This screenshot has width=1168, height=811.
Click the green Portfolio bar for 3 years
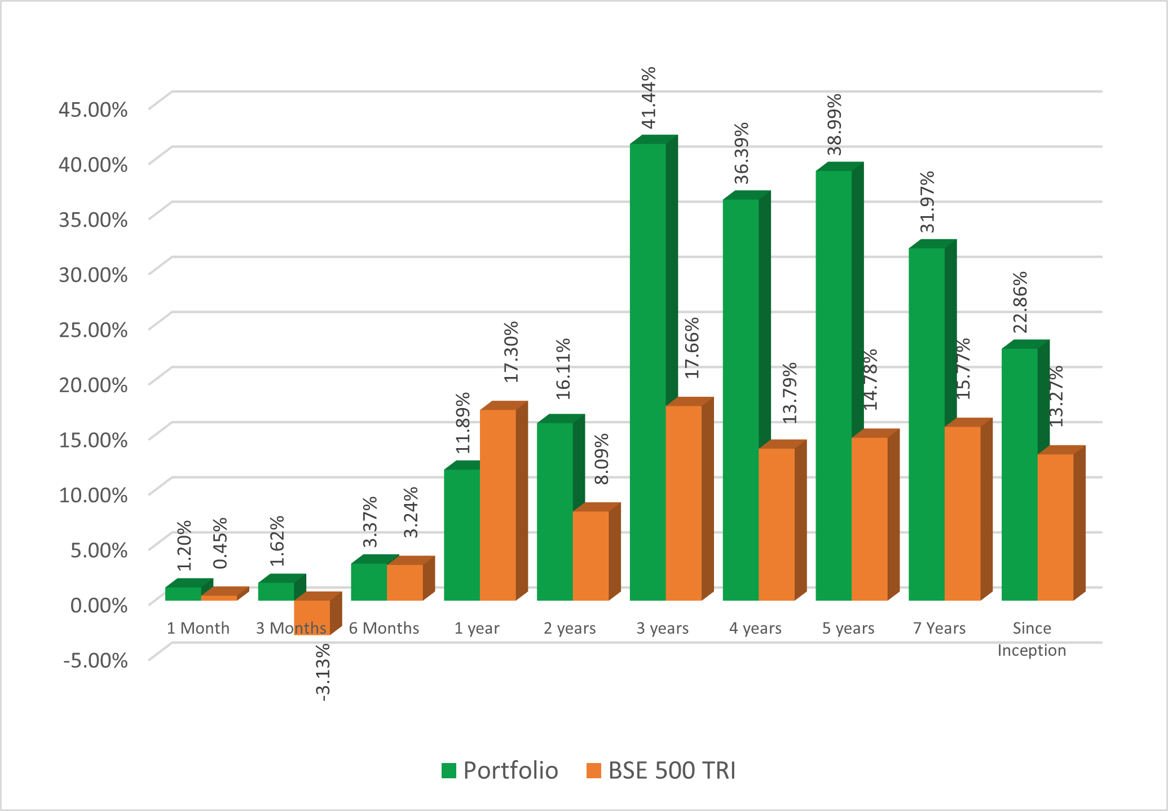(x=647, y=372)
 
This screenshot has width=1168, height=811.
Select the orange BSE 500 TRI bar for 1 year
(x=498, y=505)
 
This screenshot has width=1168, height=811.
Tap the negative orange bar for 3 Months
(x=312, y=617)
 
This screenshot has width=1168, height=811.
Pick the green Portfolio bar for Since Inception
(x=1019, y=474)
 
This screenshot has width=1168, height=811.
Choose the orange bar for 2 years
(x=590, y=556)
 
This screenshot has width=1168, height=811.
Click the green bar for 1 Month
(x=183, y=594)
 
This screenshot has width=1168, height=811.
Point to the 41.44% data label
(x=649, y=98)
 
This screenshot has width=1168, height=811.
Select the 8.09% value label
(x=602, y=459)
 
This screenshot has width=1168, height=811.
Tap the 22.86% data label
(x=1020, y=303)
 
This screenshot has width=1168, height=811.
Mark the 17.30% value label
(x=510, y=352)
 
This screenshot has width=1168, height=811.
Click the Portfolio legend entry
(x=500, y=771)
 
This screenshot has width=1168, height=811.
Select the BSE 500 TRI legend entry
(x=661, y=771)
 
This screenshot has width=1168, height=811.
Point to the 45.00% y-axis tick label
(x=93, y=109)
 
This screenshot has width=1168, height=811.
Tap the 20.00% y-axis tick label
(x=93, y=385)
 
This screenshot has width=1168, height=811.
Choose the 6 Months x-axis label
(x=384, y=628)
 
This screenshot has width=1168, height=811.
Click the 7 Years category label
(x=939, y=628)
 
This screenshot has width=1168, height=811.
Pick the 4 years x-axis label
(x=755, y=628)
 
